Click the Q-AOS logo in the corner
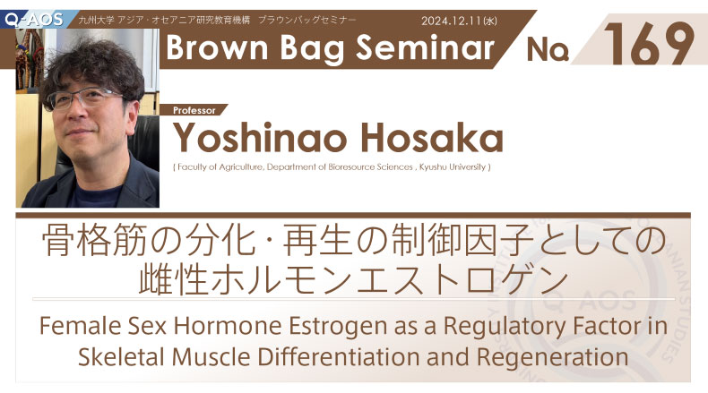click(x=34, y=20)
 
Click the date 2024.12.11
click(x=451, y=21)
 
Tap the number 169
click(x=649, y=43)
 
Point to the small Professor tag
click(x=194, y=110)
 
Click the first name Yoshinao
click(x=262, y=138)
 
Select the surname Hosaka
click(x=431, y=138)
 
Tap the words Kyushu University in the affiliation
click(x=453, y=167)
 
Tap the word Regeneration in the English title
click(x=552, y=357)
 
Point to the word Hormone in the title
click(x=228, y=326)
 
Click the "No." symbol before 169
click(x=548, y=48)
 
